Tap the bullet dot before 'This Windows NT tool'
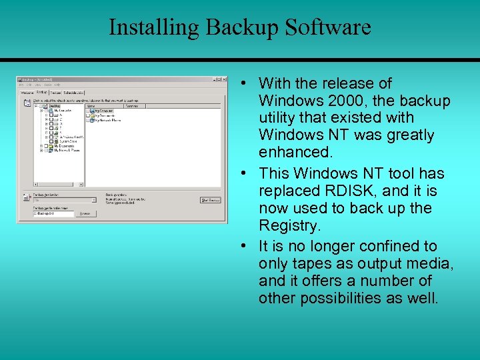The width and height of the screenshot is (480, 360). pyautogui.click(x=245, y=173)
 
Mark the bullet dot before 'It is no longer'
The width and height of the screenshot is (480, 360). pyautogui.click(x=245, y=246)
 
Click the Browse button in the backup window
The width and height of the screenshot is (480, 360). pyautogui.click(x=85, y=213)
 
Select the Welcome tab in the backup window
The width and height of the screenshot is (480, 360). pyautogui.click(x=27, y=93)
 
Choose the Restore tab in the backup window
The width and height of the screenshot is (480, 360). pyautogui.click(x=55, y=93)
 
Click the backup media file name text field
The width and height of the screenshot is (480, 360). pyautogui.click(x=53, y=213)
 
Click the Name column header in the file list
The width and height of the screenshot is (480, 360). pyautogui.click(x=91, y=105)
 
